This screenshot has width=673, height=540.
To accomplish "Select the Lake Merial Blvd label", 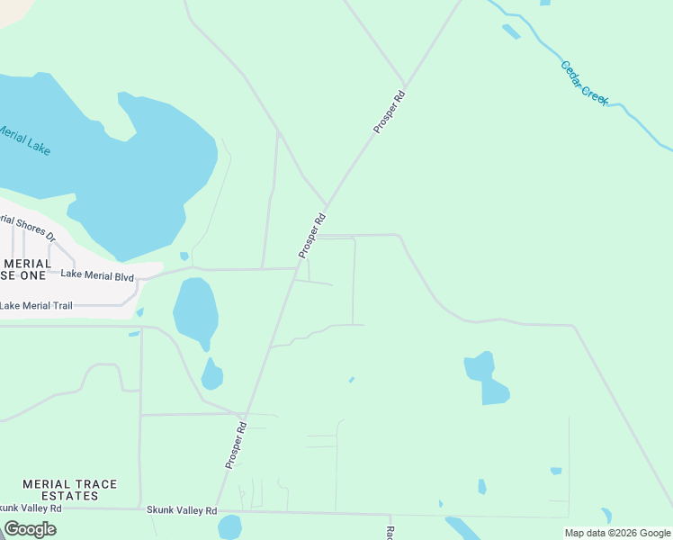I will (x=97, y=277).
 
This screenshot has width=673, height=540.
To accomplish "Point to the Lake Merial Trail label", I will (x=36, y=306).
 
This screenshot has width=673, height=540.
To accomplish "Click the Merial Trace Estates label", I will (x=69, y=490).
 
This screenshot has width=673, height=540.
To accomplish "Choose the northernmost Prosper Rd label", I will (x=390, y=112).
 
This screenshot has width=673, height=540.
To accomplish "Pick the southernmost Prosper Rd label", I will (x=236, y=445).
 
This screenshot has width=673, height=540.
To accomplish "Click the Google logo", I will (x=30, y=528).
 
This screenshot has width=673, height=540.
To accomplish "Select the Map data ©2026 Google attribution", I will (x=617, y=533).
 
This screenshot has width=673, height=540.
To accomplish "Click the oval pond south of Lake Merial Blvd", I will (x=195, y=310).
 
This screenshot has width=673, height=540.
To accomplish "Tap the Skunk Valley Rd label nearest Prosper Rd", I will (x=182, y=510).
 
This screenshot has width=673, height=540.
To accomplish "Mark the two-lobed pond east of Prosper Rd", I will (x=487, y=378).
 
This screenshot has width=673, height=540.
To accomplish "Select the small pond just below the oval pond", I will (x=211, y=374).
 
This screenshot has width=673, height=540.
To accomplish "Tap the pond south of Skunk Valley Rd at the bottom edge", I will (x=229, y=526).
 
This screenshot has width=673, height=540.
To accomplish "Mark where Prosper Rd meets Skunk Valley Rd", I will (x=216, y=508).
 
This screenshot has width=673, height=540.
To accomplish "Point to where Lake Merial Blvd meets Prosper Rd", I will (x=296, y=268).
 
